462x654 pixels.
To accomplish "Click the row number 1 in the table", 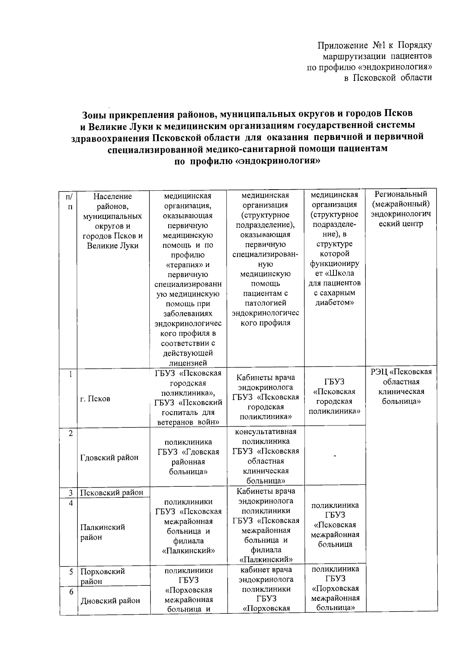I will (70, 374).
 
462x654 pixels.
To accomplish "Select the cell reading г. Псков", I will (95, 399).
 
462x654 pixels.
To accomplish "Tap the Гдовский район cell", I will (109, 457).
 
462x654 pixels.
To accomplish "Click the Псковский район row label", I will (112, 492).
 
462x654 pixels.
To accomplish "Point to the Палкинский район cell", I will (102, 532).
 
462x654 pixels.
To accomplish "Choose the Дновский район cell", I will (110, 600).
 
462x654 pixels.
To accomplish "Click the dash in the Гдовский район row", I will (335, 456).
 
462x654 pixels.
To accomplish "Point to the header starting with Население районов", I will (112, 221).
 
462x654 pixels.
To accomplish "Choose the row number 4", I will (71, 503).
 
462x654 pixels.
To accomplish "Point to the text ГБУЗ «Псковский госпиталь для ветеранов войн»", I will (188, 412).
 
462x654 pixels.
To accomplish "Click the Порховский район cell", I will (102, 576).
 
